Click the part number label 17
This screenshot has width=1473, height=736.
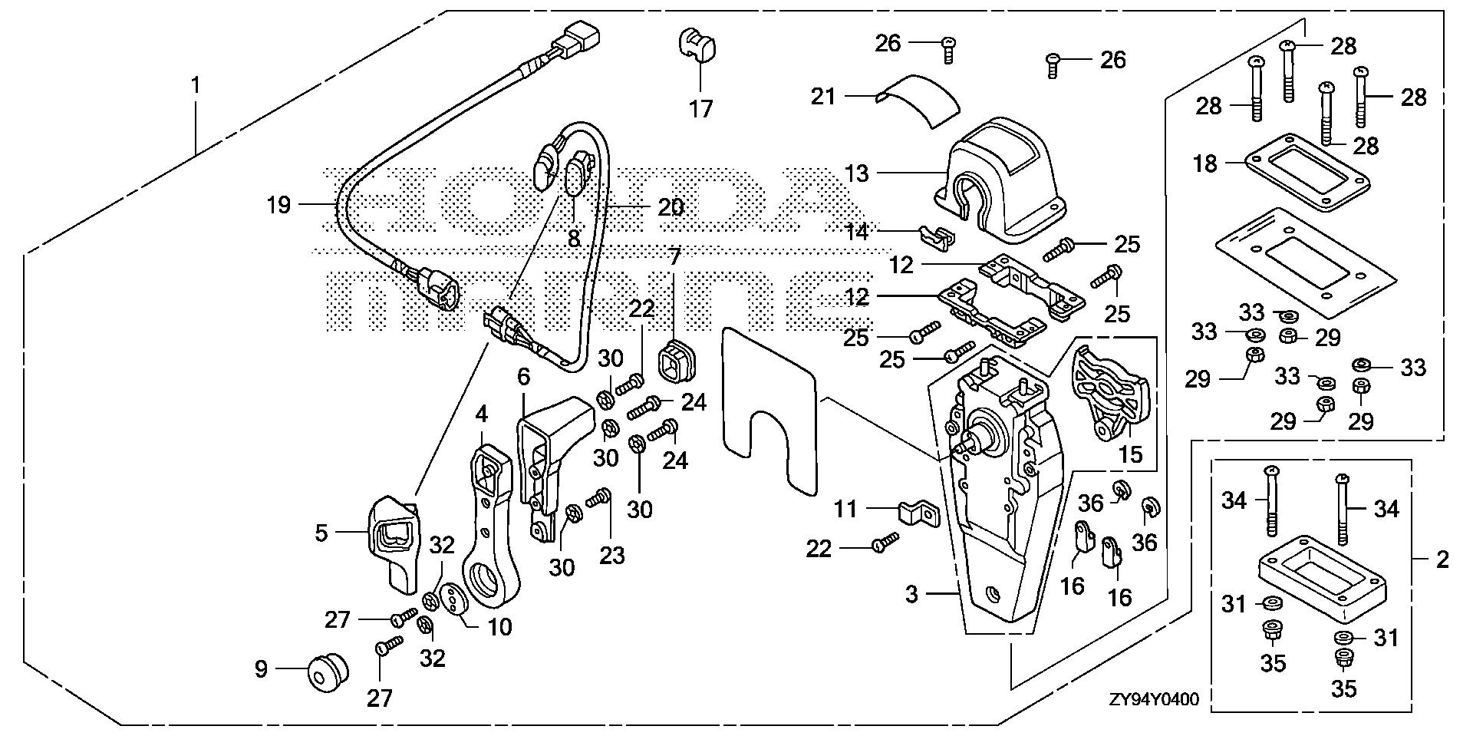700,109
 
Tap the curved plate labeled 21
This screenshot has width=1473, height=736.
921,97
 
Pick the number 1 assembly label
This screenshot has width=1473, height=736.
196,85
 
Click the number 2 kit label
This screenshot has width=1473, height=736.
1442,559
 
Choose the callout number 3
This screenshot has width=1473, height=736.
911,594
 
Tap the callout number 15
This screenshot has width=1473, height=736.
1130,455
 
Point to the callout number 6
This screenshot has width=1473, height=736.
524,377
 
